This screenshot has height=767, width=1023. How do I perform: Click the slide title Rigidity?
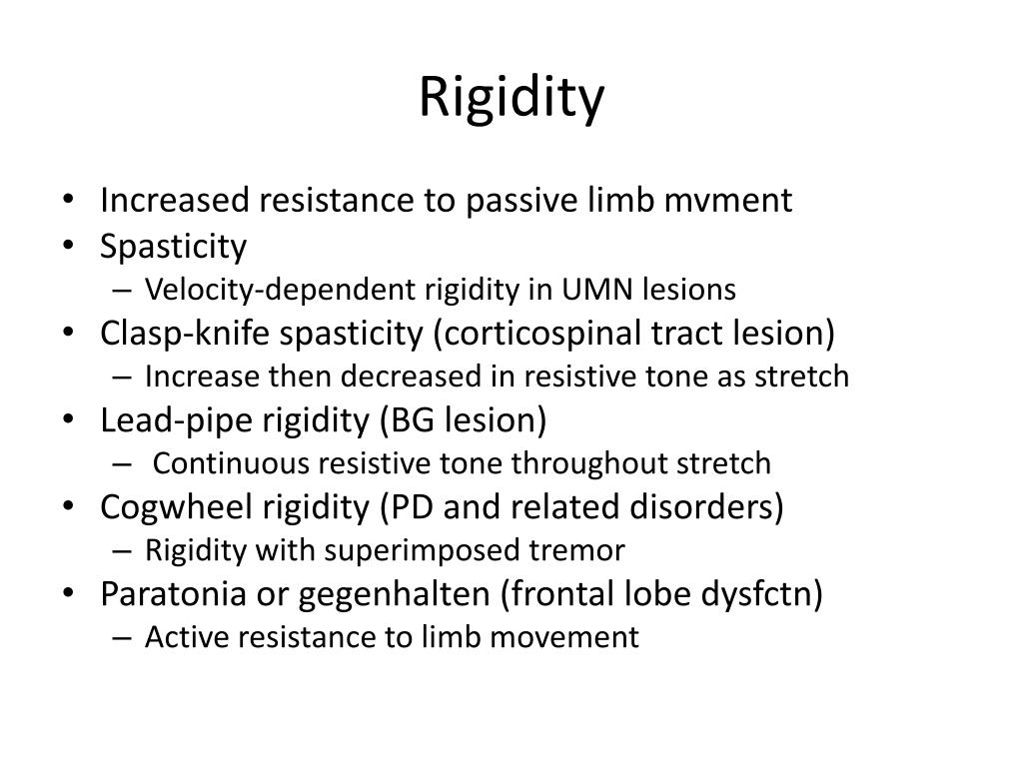(x=511, y=98)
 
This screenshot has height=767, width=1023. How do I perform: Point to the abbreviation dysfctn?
(x=765, y=594)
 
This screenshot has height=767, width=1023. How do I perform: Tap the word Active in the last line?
(x=176, y=637)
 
